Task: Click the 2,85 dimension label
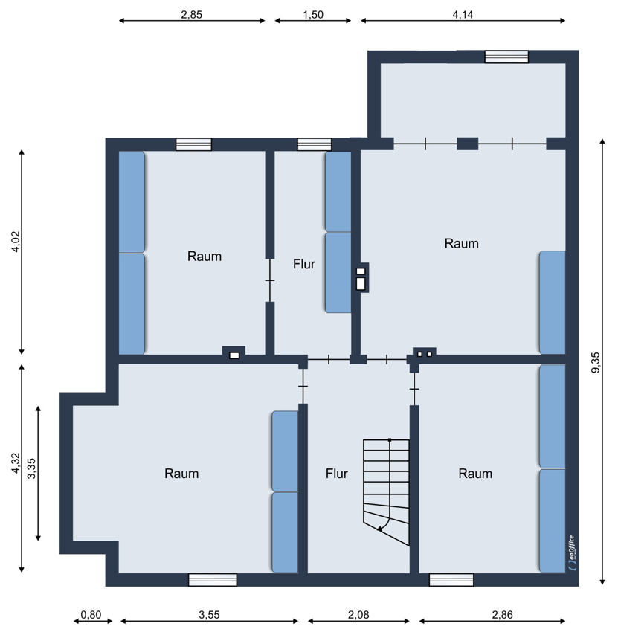point(192,15)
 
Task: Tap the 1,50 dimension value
point(313,15)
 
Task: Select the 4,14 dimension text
point(463,15)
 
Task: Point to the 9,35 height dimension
point(596,363)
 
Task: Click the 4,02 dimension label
point(16,242)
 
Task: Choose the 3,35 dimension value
point(31,468)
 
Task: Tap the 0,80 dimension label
point(91,615)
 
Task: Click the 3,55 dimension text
point(209,615)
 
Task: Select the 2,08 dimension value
point(358,615)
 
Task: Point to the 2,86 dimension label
point(503,615)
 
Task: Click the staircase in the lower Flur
point(386,492)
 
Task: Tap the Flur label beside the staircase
point(337,474)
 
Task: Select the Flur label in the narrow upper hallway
point(304,265)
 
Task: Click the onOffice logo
point(572,553)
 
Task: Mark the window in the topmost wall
point(506,57)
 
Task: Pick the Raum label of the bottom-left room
point(181,474)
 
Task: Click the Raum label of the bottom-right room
point(475,474)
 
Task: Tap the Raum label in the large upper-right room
point(462,243)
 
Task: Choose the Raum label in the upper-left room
point(205,257)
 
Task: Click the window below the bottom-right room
point(451,580)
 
